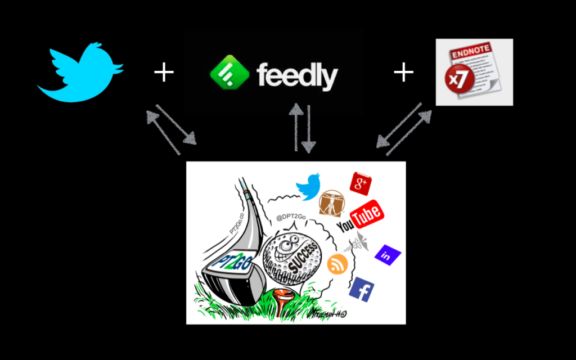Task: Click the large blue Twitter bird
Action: (80, 72)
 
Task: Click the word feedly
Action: (298, 75)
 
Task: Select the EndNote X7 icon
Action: (474, 72)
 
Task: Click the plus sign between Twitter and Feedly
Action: (164, 73)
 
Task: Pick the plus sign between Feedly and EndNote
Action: (403, 73)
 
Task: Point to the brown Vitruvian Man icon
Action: (331, 202)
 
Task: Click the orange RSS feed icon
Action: (337, 263)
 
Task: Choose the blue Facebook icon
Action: (362, 289)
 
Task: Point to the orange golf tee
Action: (281, 295)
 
